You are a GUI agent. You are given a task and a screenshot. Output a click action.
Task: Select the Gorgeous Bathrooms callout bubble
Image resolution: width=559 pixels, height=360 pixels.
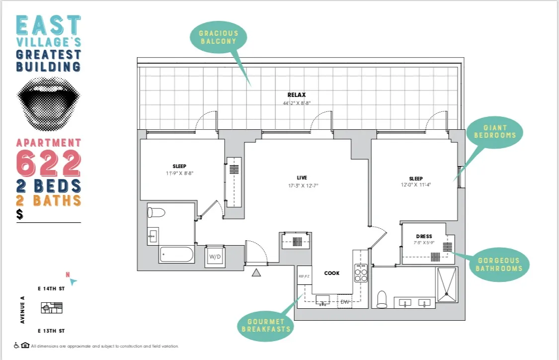pyautogui.click(x=499, y=264)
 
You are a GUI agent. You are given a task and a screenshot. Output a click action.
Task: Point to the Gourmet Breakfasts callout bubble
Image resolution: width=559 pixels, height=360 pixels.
pyautogui.click(x=266, y=325)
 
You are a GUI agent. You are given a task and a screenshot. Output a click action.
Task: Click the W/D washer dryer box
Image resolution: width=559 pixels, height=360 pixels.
pyautogui.click(x=215, y=257)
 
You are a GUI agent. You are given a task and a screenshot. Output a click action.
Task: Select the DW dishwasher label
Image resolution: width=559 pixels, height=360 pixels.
pyautogui.click(x=345, y=301)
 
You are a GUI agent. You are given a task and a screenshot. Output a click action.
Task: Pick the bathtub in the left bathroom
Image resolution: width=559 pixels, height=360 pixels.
pyautogui.click(x=176, y=255)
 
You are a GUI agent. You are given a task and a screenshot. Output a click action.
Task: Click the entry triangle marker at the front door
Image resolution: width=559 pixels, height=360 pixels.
pyautogui.click(x=256, y=272)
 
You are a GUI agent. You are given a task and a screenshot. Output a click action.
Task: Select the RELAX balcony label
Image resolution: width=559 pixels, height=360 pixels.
pyautogui.click(x=296, y=95)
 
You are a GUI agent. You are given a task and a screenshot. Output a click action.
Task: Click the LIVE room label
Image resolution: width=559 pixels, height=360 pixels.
pyautogui.click(x=302, y=178)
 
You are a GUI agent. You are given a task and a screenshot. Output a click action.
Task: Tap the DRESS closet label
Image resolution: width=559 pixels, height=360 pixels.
pyautogui.click(x=424, y=236)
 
